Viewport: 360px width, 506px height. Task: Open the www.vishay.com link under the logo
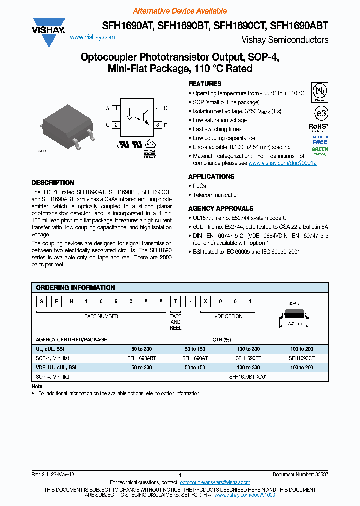click(92, 37)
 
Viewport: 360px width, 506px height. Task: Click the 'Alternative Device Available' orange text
click(180, 11)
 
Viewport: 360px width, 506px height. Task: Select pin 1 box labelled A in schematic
click(116, 108)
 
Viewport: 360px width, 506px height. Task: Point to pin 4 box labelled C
click(157, 108)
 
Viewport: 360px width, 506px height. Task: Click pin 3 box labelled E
click(157, 125)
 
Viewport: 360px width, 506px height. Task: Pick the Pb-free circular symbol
click(320, 91)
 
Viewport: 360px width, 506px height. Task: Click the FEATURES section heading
click(205, 84)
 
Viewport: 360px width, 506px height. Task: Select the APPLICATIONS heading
click(211, 176)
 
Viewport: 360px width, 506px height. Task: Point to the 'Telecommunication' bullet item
click(216, 195)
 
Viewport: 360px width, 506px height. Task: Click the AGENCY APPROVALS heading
click(220, 208)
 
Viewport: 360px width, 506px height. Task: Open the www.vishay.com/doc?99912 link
click(282, 163)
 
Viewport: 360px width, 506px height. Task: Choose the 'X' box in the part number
click(205, 302)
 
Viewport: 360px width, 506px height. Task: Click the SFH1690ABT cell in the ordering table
click(142, 358)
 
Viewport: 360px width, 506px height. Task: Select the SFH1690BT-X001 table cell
click(248, 376)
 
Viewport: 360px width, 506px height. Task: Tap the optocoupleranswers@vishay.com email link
click(215, 482)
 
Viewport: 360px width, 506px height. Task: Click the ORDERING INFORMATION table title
click(75, 287)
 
